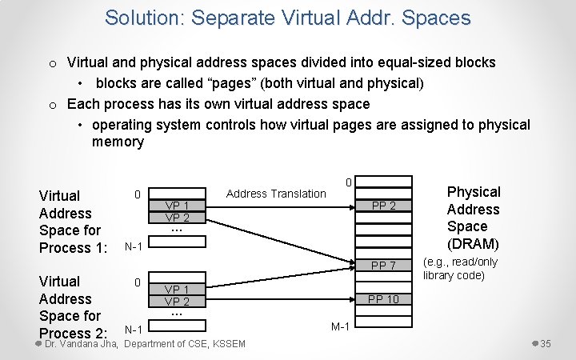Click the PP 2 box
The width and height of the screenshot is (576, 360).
[x=384, y=206]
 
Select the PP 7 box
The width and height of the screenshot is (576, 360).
[x=384, y=265]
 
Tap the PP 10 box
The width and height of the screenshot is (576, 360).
[x=384, y=299]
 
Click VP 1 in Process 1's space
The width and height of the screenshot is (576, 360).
[x=177, y=206]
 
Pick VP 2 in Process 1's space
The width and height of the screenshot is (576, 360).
[x=177, y=217]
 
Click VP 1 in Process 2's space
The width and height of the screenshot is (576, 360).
[x=177, y=290]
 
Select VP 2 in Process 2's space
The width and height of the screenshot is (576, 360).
[x=177, y=302]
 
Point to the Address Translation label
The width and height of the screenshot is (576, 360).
[x=276, y=194]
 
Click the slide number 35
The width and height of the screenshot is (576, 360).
[x=546, y=344]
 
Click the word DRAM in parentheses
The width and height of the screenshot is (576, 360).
[x=473, y=244]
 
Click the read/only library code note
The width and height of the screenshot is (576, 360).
[x=460, y=268]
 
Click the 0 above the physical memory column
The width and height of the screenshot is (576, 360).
[x=348, y=182]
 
